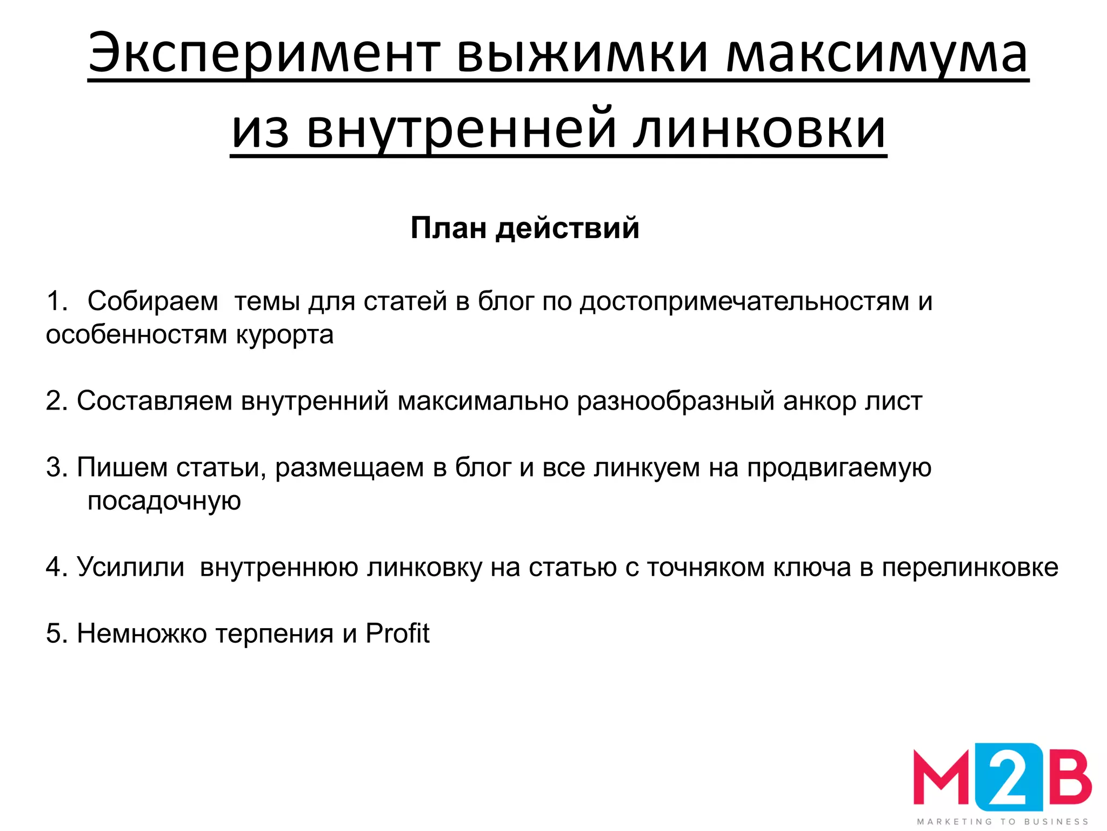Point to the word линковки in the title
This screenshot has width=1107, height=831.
(759, 130)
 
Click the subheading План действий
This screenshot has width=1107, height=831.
(525, 228)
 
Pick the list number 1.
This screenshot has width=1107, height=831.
(56, 301)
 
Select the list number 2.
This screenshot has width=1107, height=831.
(56, 401)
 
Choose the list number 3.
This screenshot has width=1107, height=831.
(56, 467)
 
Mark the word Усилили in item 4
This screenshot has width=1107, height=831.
(130, 568)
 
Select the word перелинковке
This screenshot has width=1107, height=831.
(970, 568)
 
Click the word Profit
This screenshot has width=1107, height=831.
(397, 634)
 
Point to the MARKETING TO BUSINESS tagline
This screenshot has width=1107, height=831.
(1003, 821)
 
